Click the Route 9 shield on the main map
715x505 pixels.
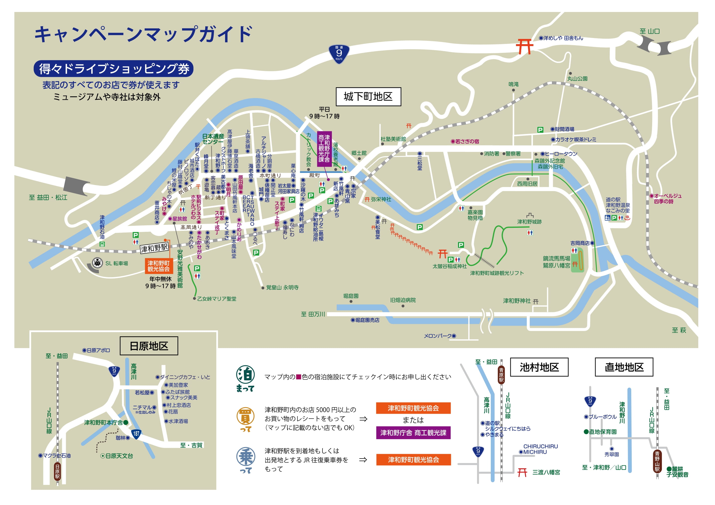click(339, 54)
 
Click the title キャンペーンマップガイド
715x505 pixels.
click(143, 34)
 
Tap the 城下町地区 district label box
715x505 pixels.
click(368, 97)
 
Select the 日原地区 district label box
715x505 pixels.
click(149, 346)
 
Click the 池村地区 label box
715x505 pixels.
click(539, 367)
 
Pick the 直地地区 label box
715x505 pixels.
click(624, 367)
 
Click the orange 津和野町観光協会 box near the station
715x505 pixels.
click(159, 266)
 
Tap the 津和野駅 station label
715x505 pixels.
click(154, 248)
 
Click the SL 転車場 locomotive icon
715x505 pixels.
click(97, 263)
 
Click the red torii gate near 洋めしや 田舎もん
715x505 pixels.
click(524, 46)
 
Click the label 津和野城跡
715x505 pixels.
click(529, 222)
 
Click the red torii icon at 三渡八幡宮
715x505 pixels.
click(522, 472)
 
